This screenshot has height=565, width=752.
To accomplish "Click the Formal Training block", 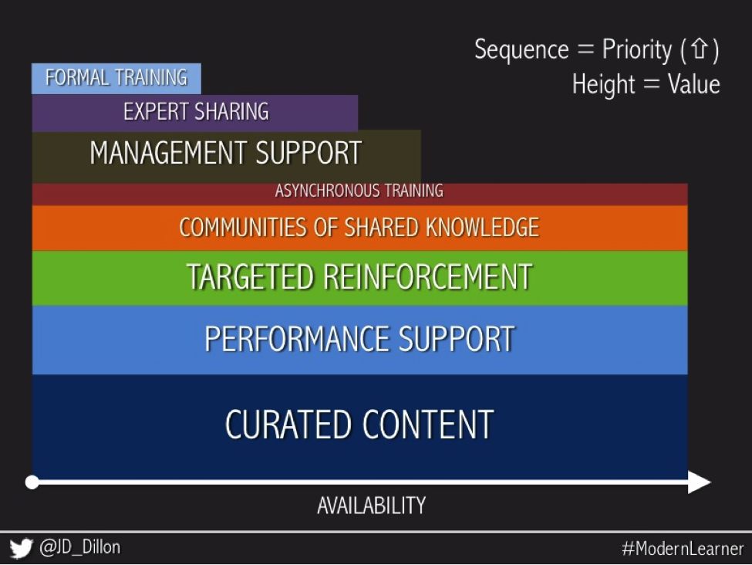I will tap(116, 78).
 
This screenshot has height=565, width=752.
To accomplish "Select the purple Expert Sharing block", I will tap(195, 113).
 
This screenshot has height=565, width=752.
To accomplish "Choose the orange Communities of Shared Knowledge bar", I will tap(359, 228).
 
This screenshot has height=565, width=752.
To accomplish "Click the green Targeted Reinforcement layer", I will tap(359, 277).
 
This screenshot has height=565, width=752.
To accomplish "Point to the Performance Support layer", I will tap(359, 340).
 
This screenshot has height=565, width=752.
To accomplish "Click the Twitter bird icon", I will tap(22, 549).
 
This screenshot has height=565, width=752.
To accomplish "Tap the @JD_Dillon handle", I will tap(79, 548).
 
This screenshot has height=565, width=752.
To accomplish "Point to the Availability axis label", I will tap(371, 506).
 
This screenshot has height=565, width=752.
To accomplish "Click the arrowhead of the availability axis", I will tap(700, 482).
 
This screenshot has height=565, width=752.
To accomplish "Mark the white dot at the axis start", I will tap(32, 482).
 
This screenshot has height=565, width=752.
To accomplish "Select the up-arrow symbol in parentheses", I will tap(700, 50).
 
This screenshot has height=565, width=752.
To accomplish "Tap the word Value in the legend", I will tap(694, 84).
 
